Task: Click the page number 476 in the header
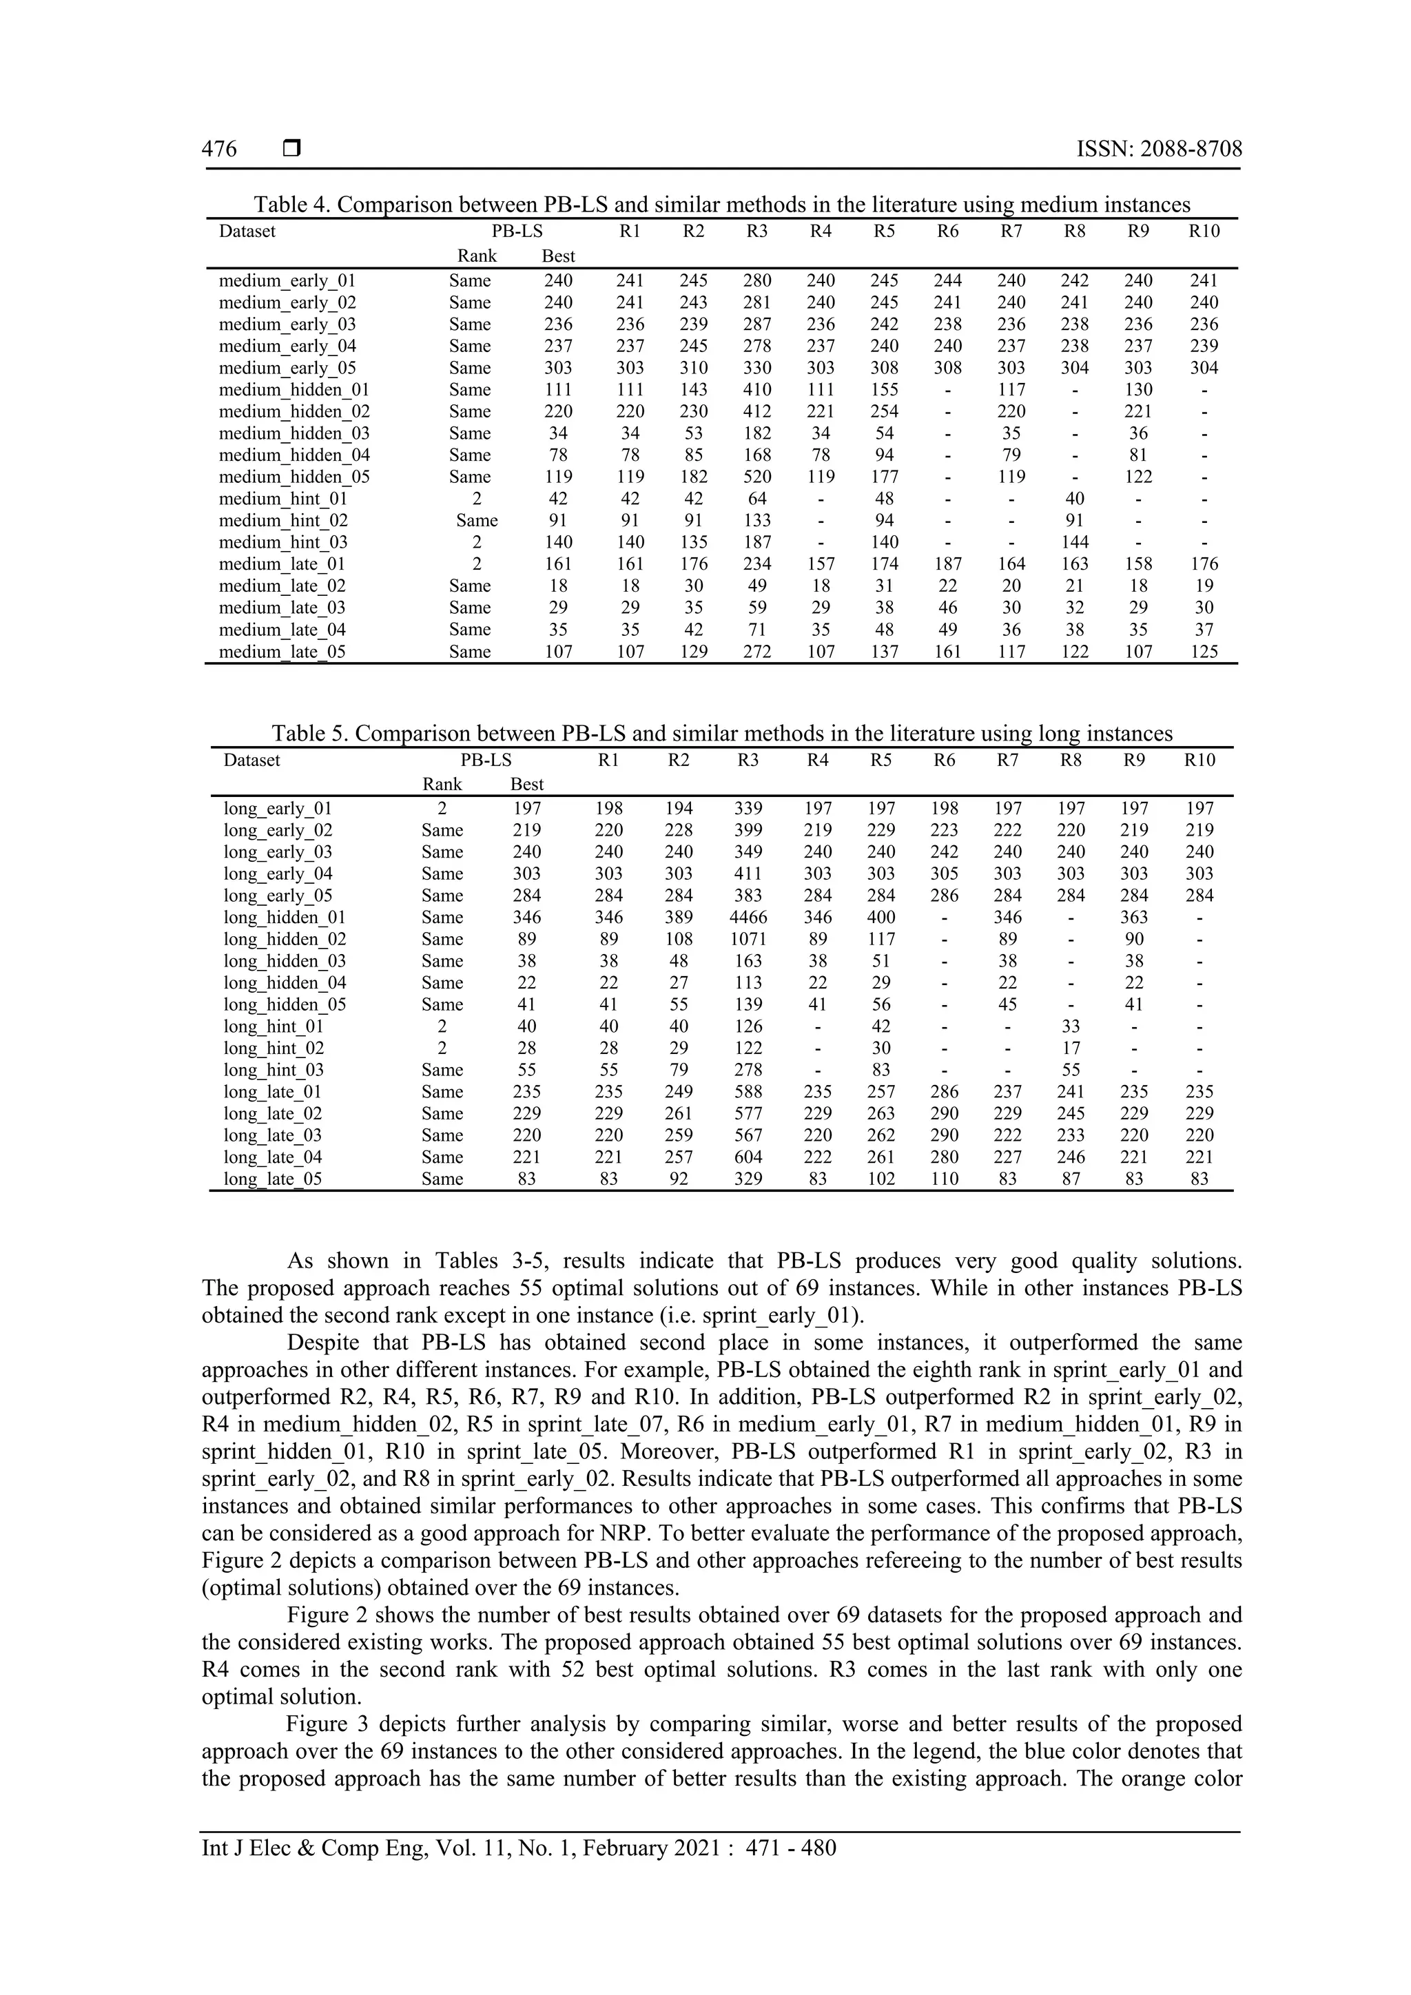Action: pos(219,149)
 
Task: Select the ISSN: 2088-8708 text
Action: pos(1159,149)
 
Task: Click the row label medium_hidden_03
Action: pos(293,433)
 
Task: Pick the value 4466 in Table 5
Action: pos(748,918)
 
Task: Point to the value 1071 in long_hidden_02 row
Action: pos(748,939)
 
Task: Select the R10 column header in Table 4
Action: pos(1204,231)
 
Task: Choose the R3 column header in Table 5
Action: pos(748,761)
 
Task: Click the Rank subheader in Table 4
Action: pos(477,256)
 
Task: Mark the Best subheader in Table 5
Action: pos(527,785)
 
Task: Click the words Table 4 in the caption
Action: pos(291,205)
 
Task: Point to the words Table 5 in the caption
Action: pos(309,734)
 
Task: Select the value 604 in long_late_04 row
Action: pos(748,1157)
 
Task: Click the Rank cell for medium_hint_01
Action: pos(477,499)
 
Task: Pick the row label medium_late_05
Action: pos(282,652)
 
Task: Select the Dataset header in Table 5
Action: pos(252,761)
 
